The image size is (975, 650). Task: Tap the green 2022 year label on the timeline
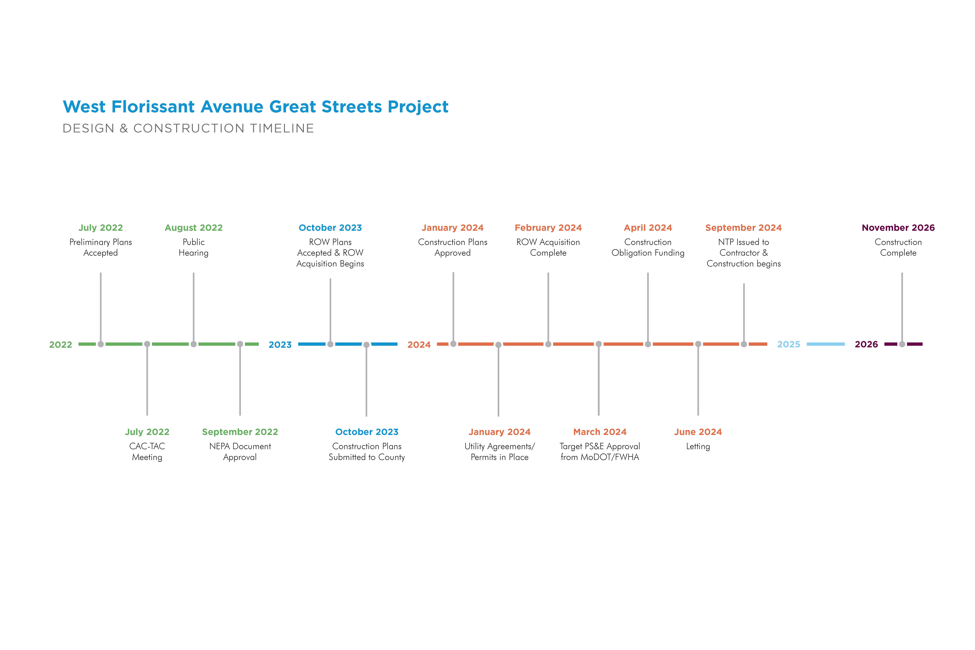point(61,344)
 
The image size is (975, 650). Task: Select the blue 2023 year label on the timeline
point(280,344)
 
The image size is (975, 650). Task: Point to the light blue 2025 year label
point(788,344)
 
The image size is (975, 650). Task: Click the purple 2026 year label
point(866,344)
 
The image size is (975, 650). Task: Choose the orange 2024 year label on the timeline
point(419,344)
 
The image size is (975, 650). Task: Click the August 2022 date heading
point(194,228)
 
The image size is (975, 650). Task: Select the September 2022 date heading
point(240,432)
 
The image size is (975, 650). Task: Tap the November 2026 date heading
point(898,228)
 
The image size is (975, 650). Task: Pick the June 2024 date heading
point(698,432)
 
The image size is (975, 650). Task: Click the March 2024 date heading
point(600,432)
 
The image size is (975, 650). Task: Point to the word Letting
point(698,446)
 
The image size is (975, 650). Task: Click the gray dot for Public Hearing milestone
point(194,344)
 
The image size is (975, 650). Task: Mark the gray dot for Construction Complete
point(902,344)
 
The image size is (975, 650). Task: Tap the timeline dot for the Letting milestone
point(698,344)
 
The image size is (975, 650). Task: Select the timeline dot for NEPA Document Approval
point(240,344)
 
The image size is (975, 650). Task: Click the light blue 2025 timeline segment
point(826,344)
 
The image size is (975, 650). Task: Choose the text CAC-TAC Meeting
point(147,451)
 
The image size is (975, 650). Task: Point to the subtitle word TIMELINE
point(282,129)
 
